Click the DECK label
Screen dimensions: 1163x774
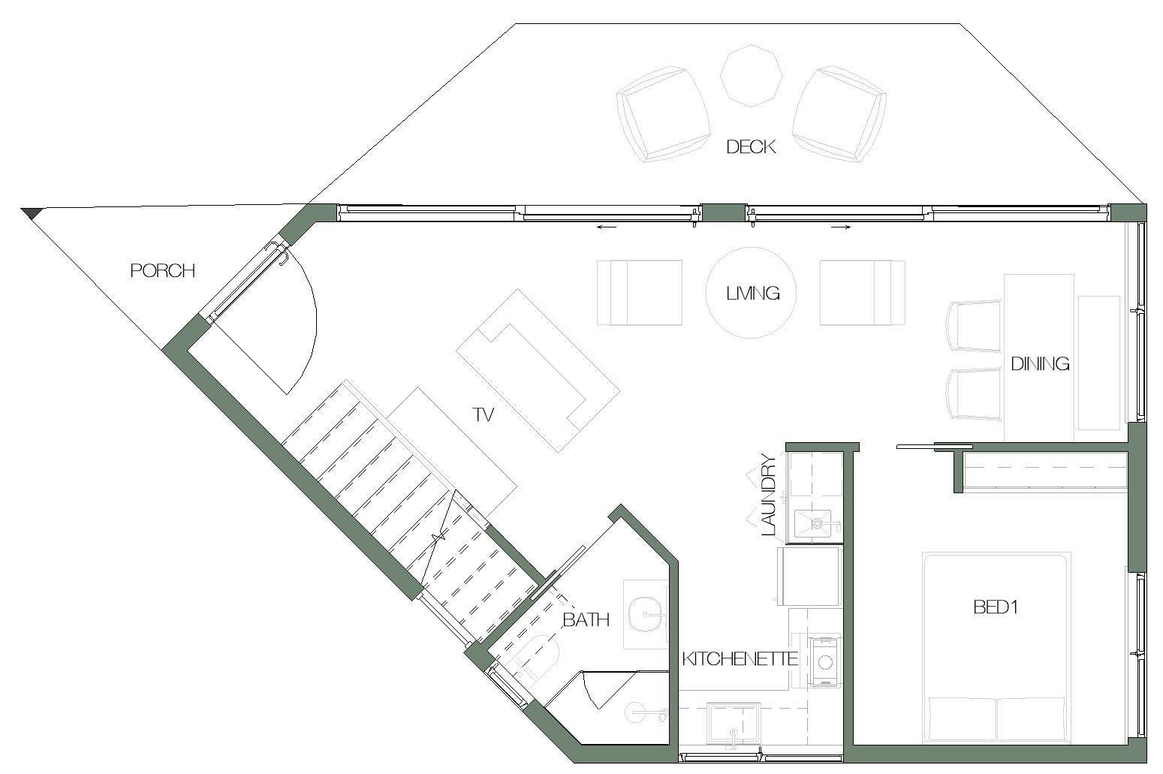coord(751,147)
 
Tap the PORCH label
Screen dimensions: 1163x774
coord(162,270)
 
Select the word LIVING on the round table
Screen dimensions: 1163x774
coord(753,294)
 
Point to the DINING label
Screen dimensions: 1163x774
coord(1040,364)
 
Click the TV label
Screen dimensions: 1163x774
coord(483,414)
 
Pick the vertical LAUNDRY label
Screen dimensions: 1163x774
coord(768,495)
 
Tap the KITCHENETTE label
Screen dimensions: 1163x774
coord(740,658)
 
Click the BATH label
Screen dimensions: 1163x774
coord(586,619)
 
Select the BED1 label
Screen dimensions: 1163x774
coord(996,607)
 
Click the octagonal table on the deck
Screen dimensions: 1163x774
coord(752,76)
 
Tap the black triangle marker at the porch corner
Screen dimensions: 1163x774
coord(30,212)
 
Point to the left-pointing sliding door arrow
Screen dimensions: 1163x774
coord(606,227)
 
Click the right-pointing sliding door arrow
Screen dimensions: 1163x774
coord(841,227)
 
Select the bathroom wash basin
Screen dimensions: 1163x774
coord(647,615)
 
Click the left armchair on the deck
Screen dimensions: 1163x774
coord(663,114)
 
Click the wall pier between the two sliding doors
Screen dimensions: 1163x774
coord(723,213)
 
